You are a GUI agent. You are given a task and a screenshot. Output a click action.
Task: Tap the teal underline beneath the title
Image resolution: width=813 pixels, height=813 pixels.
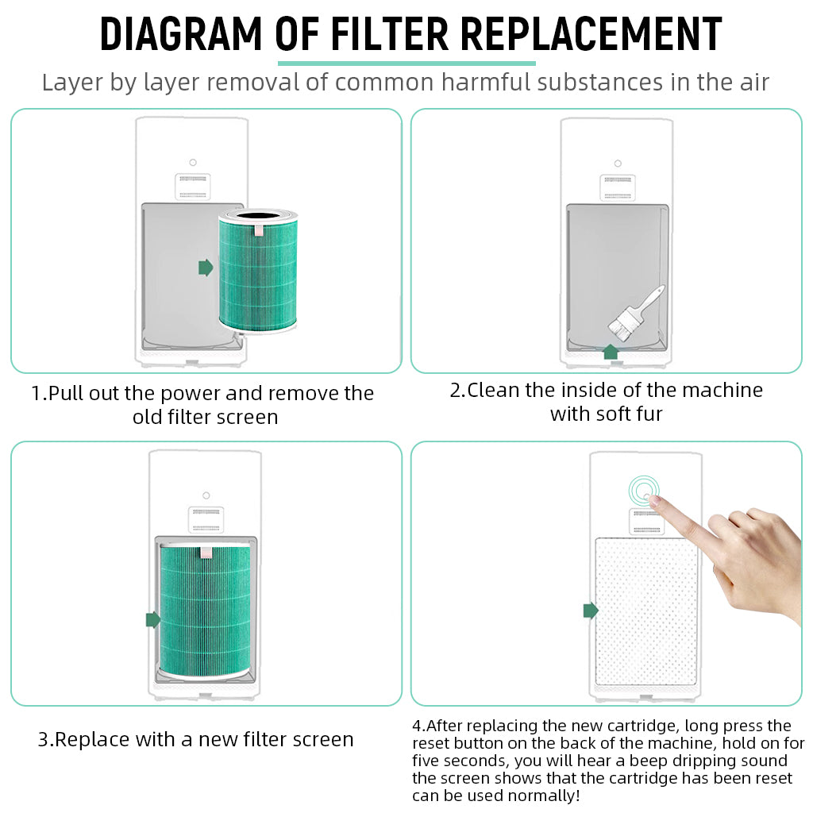tap(406, 63)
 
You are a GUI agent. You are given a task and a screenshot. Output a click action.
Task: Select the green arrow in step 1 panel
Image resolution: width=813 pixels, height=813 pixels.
tap(206, 268)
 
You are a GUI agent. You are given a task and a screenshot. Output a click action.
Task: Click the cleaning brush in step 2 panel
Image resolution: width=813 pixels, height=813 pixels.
tap(635, 314)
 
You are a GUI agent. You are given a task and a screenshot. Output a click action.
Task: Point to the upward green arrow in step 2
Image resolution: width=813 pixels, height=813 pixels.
tap(611, 352)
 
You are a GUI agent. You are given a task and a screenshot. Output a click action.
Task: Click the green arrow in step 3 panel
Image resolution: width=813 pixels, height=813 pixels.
tap(153, 619)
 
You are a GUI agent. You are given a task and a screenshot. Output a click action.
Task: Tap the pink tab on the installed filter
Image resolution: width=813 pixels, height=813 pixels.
tap(206, 550)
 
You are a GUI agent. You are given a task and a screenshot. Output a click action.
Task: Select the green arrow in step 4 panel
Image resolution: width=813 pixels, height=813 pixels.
tap(590, 610)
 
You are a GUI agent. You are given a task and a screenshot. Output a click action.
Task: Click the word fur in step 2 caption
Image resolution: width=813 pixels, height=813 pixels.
tap(647, 414)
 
